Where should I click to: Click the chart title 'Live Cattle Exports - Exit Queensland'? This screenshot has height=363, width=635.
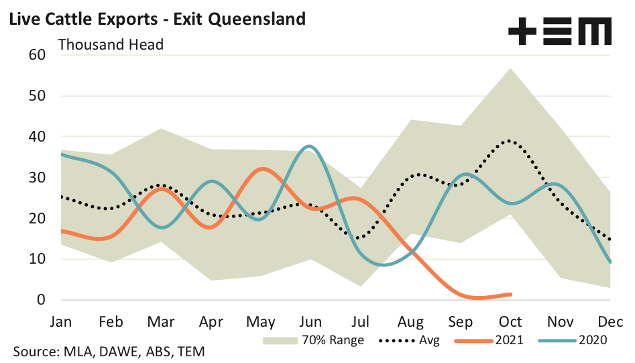point(156,18)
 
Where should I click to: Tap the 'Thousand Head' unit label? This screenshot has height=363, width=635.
point(111,45)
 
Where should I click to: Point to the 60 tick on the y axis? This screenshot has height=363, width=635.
point(36,55)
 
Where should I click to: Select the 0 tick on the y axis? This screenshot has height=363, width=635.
point(40,300)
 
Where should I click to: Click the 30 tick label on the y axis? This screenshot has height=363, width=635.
point(36,178)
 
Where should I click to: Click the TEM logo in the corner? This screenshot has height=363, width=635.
point(560,32)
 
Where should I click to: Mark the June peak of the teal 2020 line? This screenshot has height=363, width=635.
point(308,146)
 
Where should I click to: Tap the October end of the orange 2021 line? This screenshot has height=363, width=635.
point(511,294)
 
